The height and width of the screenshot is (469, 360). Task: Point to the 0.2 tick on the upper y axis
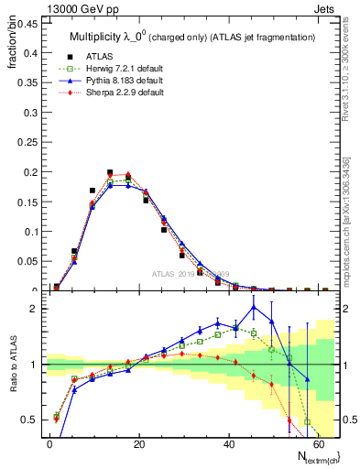coord(30,172)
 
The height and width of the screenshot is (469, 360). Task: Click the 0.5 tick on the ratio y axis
coord(30,420)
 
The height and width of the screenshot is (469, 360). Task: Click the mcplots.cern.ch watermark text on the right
coord(351,229)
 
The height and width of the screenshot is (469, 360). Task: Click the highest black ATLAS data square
coord(110,172)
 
